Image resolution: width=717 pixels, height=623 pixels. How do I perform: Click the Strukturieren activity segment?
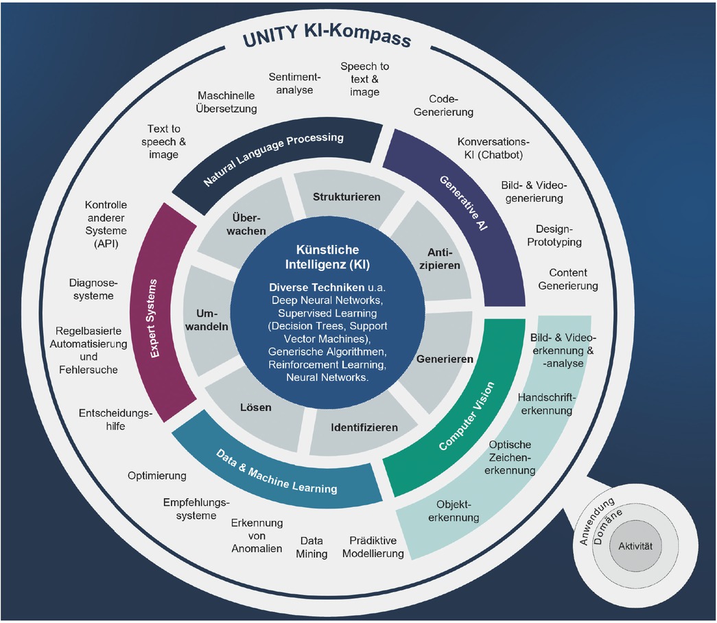point(346,197)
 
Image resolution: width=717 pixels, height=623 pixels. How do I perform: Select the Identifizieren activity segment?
point(364,427)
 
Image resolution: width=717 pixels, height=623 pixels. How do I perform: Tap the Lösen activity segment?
point(256,407)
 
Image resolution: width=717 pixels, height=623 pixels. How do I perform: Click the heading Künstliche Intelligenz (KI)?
point(327,257)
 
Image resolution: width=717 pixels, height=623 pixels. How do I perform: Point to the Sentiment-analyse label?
point(294,83)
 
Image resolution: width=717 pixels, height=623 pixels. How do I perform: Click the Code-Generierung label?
point(443,106)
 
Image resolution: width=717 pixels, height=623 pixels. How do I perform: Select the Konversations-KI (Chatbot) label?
point(493,148)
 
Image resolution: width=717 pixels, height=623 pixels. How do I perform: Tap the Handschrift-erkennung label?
point(546,404)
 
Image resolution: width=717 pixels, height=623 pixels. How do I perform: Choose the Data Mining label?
point(312,547)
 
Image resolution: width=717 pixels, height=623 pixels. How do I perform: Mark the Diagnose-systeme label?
point(93,289)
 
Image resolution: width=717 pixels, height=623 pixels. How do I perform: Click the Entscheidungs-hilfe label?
point(115,419)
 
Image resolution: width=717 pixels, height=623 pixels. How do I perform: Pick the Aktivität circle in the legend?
point(635,546)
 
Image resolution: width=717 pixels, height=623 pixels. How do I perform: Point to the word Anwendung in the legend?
point(596,521)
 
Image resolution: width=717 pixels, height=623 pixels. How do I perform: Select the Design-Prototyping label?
point(554,235)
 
